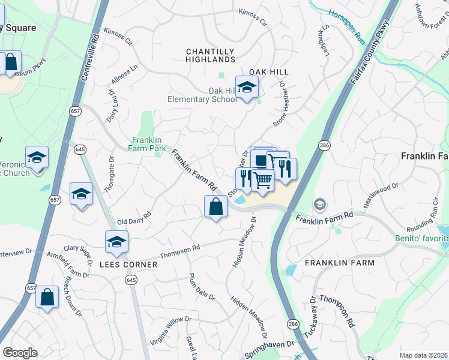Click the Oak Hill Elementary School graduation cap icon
pos(247,88)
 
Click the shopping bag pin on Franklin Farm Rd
pos(216,207)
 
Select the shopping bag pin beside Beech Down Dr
pos(47,297)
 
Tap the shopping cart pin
pos(262,179)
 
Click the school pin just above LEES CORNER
pos(117,242)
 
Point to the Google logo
pos(20,353)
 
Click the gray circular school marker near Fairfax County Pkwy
pos(319,205)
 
